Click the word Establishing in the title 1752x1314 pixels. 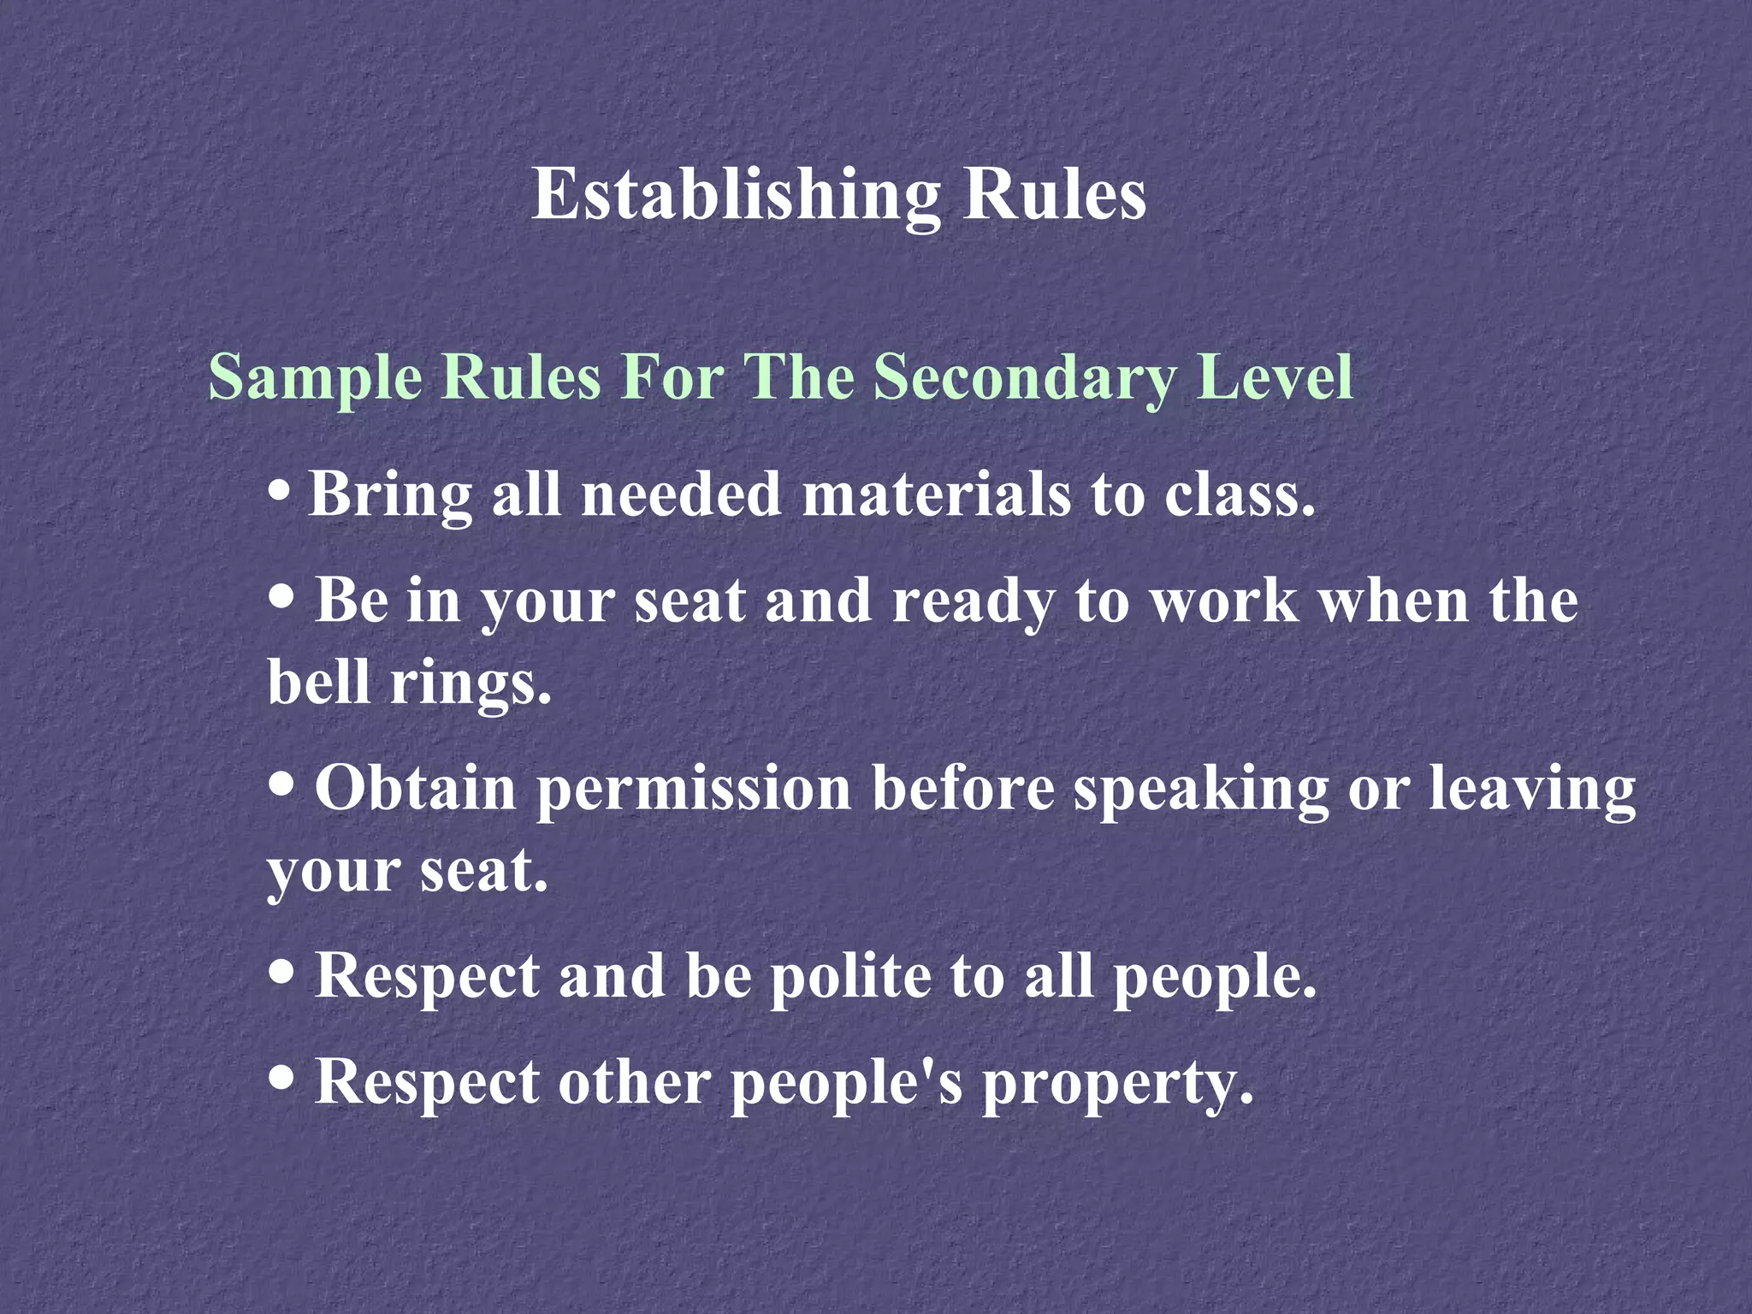(736, 195)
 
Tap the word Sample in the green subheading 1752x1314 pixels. (316, 376)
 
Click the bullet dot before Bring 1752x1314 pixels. (279, 494)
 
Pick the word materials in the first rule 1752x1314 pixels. (936, 494)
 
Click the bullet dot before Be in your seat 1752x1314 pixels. (281, 598)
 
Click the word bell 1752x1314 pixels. (320, 682)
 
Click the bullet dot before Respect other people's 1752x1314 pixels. (281, 1080)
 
